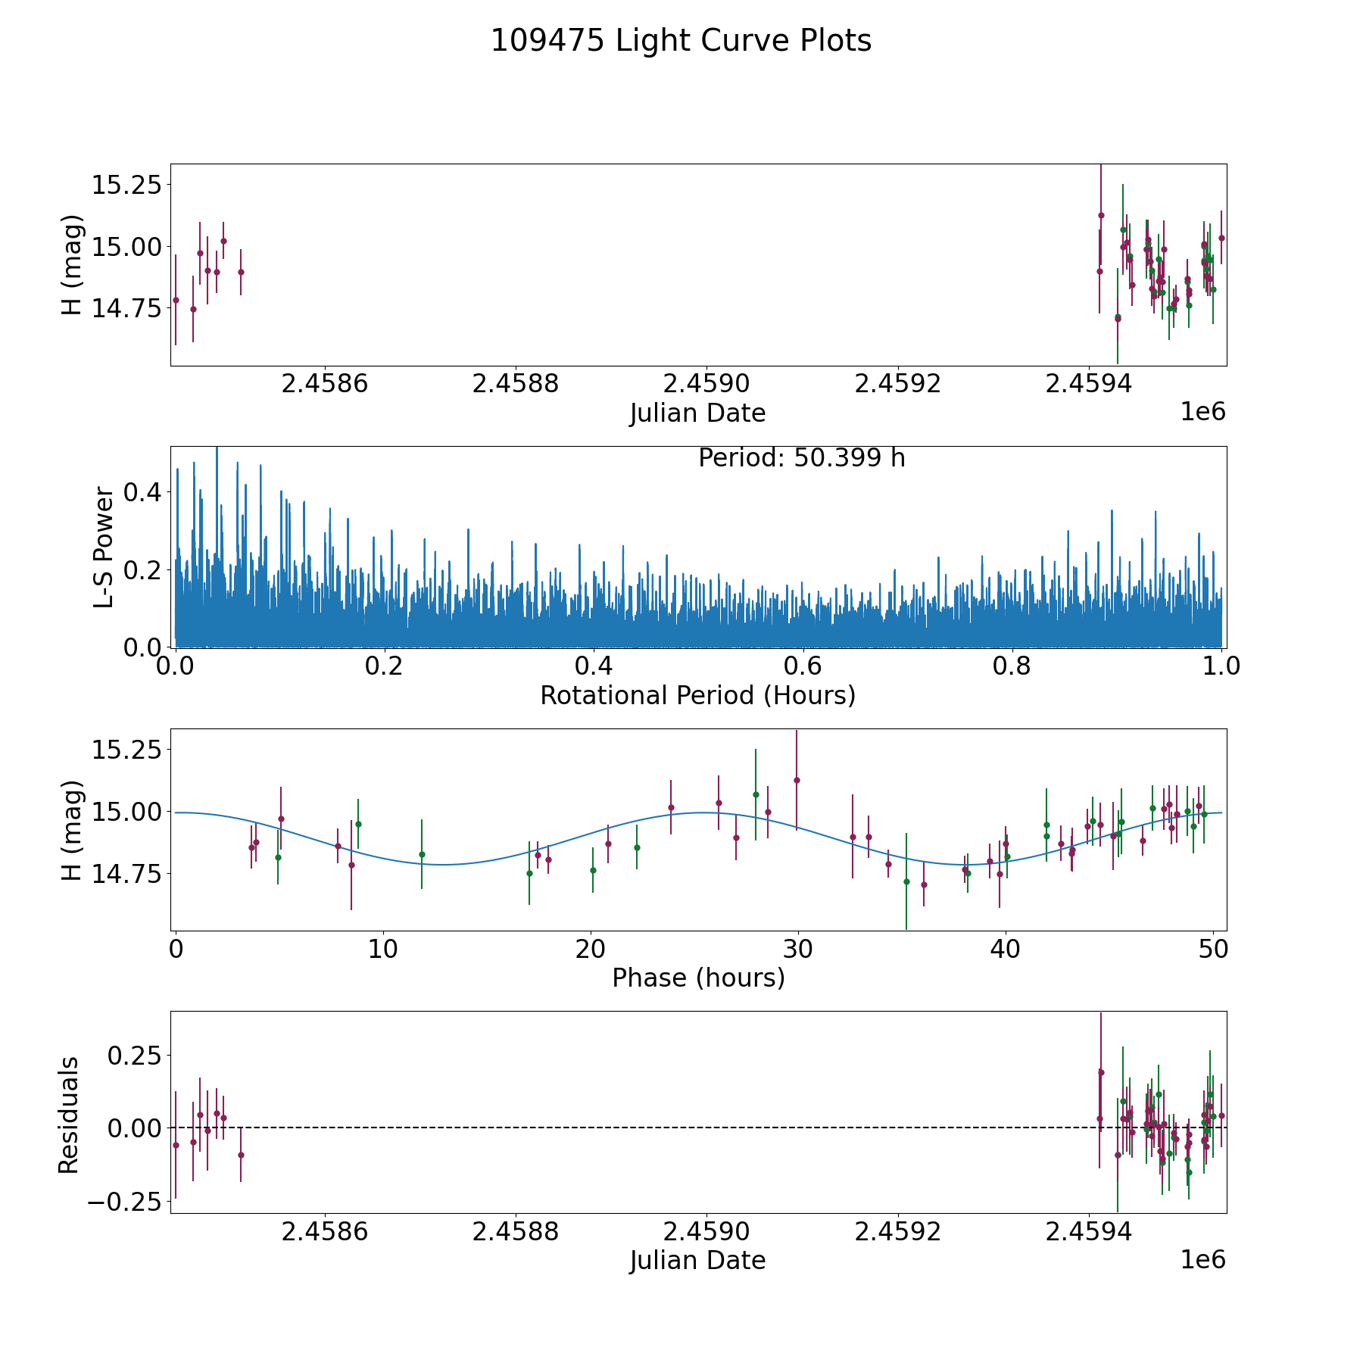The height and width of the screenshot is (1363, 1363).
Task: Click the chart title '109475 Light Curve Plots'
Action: point(681,41)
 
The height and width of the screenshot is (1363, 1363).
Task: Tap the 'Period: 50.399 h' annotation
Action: point(801,458)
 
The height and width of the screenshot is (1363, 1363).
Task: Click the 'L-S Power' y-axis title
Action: point(104,547)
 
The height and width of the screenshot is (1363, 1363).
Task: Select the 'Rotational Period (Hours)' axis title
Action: point(697,695)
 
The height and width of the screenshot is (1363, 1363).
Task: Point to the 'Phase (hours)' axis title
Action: point(697,978)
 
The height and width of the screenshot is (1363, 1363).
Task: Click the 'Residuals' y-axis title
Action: point(69,1115)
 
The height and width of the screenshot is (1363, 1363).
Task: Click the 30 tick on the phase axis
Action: point(797,949)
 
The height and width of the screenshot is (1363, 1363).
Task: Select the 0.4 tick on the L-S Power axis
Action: point(143,492)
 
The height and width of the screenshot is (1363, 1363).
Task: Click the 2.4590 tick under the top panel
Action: point(706,384)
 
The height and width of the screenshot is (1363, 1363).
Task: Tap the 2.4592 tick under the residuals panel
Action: point(897,1232)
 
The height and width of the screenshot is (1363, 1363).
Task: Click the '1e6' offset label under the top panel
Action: point(1202,412)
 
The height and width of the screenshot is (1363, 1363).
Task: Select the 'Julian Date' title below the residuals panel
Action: point(697,1261)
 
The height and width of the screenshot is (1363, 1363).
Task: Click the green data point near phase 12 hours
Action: point(422,854)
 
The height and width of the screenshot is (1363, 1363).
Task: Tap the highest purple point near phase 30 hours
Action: point(797,780)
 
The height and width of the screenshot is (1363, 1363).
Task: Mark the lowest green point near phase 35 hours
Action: point(906,881)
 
